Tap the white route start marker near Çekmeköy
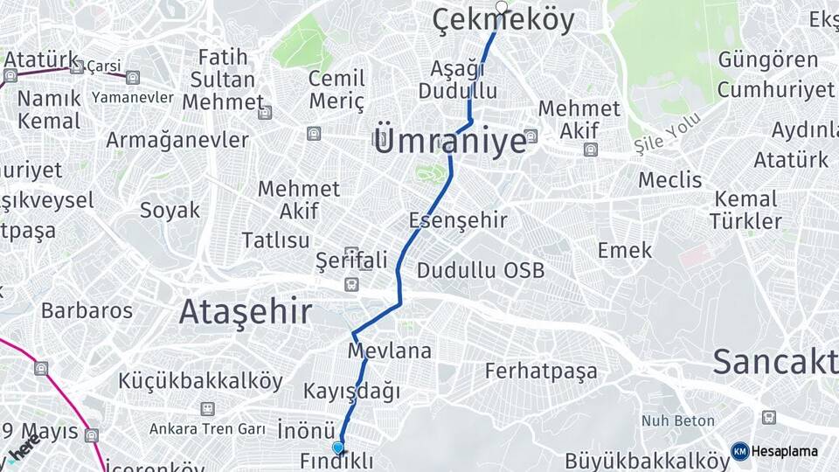coord(501,7)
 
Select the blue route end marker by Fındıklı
coord(338,448)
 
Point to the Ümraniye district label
coord(449,140)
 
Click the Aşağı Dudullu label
coord(457,80)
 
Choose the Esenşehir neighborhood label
coord(458,219)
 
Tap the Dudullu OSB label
coord(480,270)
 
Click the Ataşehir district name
coord(246,311)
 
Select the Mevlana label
coord(390,351)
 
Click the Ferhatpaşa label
coord(542,371)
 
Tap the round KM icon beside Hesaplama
coord(739,451)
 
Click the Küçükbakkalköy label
coord(201,381)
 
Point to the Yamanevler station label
coord(132,97)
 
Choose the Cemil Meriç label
coord(336,90)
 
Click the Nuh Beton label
coord(678,421)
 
